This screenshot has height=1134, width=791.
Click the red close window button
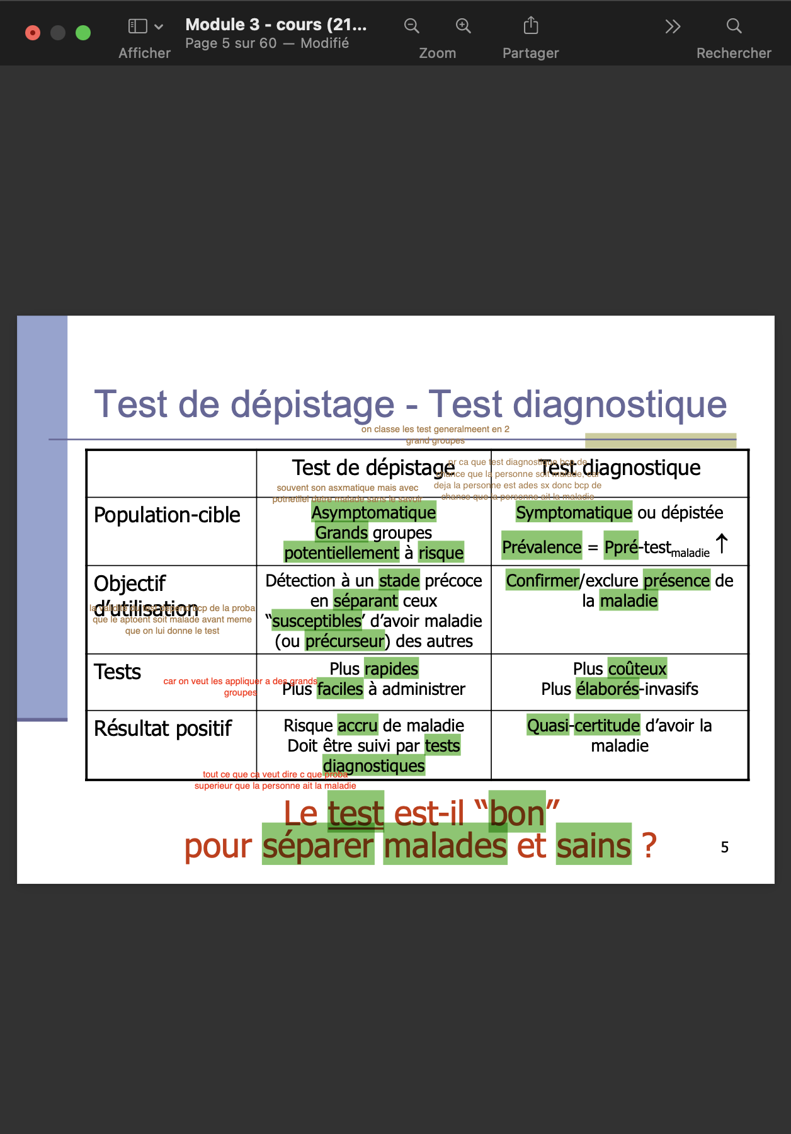click(33, 33)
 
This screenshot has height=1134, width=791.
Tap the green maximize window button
click(83, 33)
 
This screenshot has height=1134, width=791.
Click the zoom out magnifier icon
click(411, 26)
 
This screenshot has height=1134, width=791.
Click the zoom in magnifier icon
click(463, 26)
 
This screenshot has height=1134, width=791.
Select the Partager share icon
click(531, 26)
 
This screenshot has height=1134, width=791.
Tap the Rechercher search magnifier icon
click(734, 26)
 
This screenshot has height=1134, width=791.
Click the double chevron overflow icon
click(673, 26)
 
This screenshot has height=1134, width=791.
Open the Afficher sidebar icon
click(138, 26)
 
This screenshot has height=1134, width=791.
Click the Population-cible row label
click(167, 515)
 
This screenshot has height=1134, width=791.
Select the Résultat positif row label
click(162, 729)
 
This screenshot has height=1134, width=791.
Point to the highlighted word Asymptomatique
click(373, 513)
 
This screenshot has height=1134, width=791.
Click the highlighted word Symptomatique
click(573, 512)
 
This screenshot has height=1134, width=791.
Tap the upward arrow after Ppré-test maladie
click(722, 544)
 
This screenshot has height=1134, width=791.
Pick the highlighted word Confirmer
click(542, 580)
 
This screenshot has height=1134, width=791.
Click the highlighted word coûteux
click(637, 668)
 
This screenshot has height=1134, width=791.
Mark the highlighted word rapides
click(391, 668)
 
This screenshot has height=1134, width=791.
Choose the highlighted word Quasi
click(548, 726)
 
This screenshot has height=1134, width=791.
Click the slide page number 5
click(724, 847)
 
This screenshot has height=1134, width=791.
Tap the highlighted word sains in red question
click(593, 845)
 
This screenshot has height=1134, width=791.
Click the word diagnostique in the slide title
click(620, 404)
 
